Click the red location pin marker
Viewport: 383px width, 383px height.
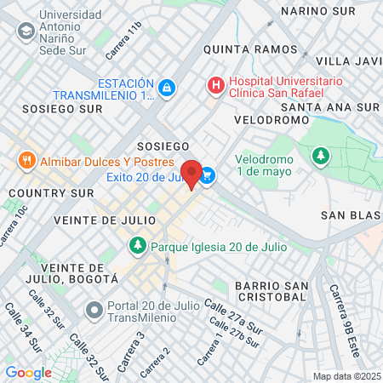coord(192,173)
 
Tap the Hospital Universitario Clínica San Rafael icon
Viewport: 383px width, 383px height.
coord(216,85)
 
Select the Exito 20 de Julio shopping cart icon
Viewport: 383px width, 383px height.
coord(208,176)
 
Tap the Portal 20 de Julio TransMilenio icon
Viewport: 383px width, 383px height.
coord(94,308)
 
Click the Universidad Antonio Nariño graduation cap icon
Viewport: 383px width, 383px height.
coord(26,31)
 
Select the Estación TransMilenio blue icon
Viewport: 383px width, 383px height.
coord(167,87)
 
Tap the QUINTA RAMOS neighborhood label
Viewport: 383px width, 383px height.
coord(239,49)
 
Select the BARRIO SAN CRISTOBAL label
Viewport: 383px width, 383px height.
coord(271,290)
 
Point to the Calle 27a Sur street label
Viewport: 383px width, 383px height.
coord(233,316)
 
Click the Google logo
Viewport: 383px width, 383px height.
coord(28,372)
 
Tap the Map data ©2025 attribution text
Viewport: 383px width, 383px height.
coord(345,376)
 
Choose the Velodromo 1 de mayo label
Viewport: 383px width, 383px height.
coord(264,165)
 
